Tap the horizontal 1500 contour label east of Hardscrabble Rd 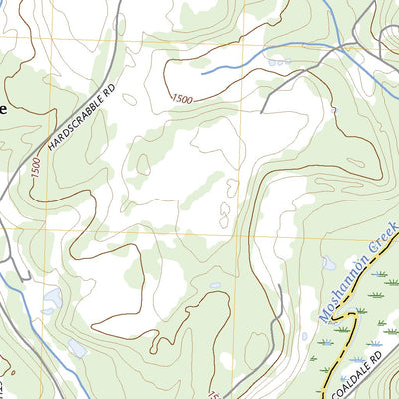click(x=182, y=98)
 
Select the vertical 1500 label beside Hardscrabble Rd click(x=36, y=168)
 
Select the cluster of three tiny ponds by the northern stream click(x=278, y=61)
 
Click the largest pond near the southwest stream click(x=52, y=298)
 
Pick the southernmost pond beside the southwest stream click(x=76, y=348)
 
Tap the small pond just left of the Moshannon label click(x=327, y=263)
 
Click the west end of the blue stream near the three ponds click(x=202, y=72)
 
